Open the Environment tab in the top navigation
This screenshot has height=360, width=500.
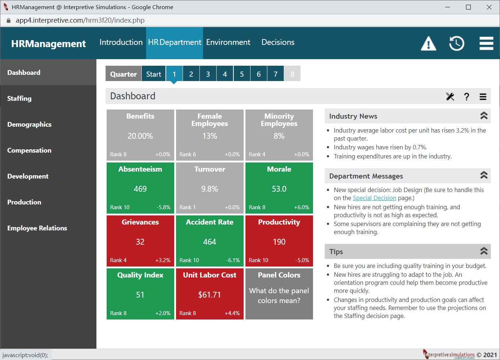(228, 42)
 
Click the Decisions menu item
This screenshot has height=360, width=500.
(278, 42)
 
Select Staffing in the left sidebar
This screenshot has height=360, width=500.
(19, 99)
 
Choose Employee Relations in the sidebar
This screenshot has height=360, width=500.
(37, 228)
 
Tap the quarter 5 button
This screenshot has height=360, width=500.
(242, 74)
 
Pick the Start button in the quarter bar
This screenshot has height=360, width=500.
(153, 74)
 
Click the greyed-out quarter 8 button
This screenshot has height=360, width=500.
(292, 74)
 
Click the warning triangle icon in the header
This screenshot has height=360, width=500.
(428, 43)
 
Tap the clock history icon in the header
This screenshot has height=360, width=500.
(457, 43)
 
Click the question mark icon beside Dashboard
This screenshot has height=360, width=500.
(466, 97)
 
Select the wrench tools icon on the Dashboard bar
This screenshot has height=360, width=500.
(450, 97)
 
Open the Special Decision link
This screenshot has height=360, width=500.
(374, 198)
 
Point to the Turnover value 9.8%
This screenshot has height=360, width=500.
(210, 189)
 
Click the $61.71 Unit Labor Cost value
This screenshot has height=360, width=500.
(210, 295)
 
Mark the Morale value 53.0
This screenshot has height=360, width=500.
(279, 189)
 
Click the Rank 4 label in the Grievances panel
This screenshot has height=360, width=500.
(118, 260)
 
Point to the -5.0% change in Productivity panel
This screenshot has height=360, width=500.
(302, 260)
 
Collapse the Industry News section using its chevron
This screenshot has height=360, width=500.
(484, 116)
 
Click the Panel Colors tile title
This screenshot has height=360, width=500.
(279, 275)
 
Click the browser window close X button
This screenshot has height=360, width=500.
(489, 7)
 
